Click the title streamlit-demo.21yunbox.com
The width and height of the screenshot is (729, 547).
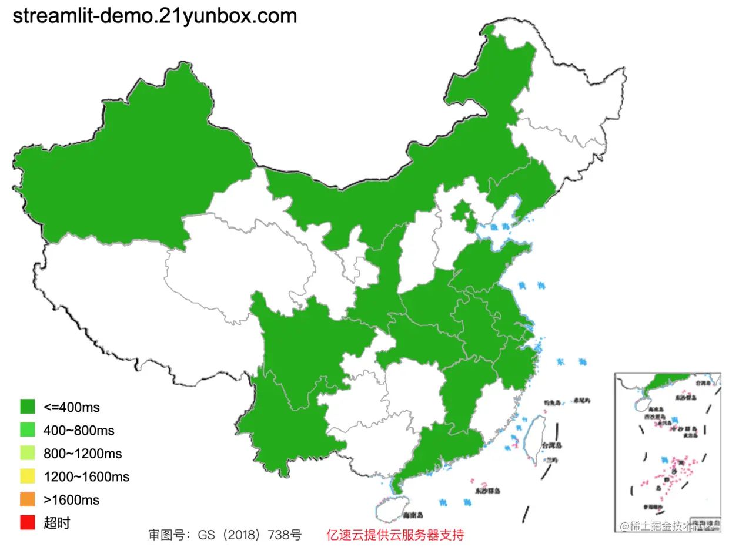coord(154,16)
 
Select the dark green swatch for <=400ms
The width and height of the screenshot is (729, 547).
coord(28,407)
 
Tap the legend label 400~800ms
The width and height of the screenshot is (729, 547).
coord(79,430)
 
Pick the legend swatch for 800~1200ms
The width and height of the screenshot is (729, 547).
coord(28,454)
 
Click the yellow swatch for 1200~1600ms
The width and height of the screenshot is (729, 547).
coord(28,476)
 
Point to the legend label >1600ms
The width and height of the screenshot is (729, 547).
coord(71,500)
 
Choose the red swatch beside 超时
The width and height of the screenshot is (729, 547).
coord(28,523)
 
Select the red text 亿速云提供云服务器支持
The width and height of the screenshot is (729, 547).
coord(395,535)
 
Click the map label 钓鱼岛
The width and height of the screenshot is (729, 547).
coord(554,402)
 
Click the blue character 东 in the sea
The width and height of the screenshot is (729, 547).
coord(560,361)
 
